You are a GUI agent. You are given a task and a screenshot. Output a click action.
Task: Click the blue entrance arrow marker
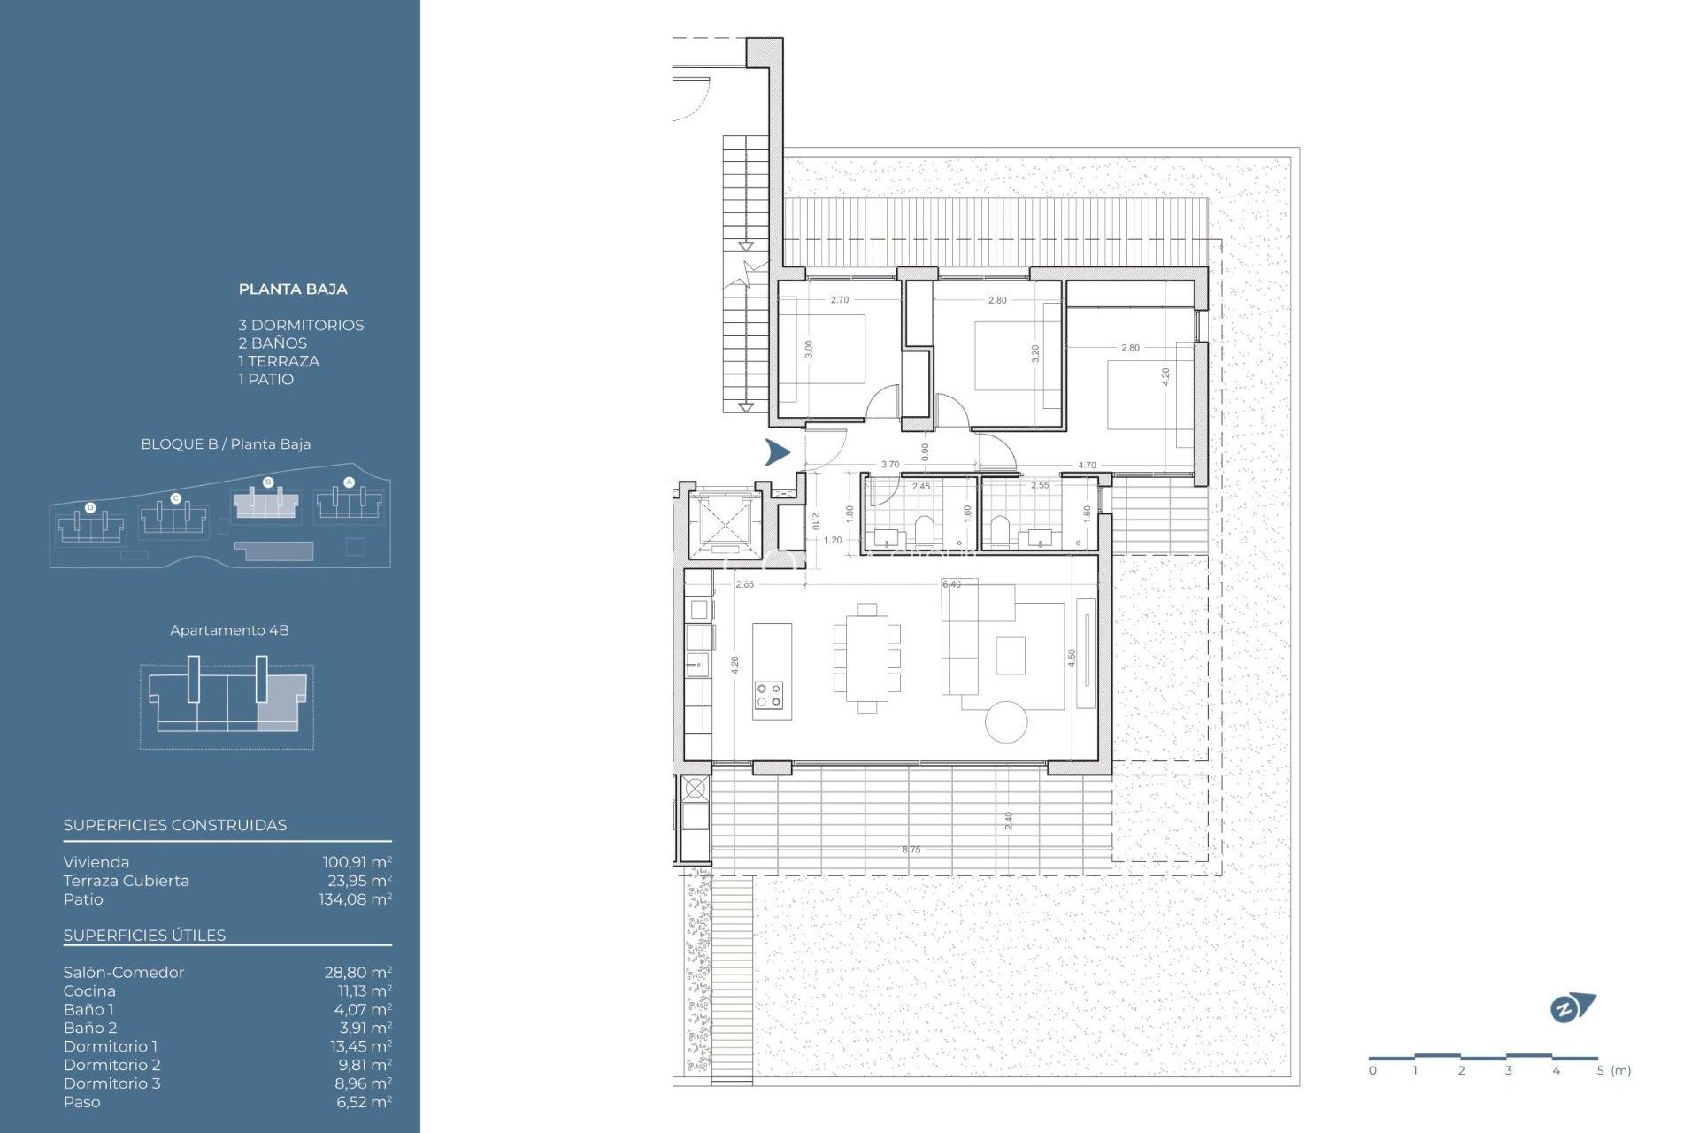click(x=777, y=452)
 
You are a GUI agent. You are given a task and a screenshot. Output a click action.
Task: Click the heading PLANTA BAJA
click(x=293, y=289)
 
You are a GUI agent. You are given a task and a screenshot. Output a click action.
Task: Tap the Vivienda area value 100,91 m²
click(x=357, y=862)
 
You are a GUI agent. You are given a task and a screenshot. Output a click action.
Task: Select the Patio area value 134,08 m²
click(x=355, y=899)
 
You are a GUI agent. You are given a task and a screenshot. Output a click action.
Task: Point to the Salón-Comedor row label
click(x=124, y=973)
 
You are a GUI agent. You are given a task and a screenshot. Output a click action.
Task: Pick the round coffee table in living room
click(x=1006, y=721)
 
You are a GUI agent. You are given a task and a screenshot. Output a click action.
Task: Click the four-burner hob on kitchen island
click(x=768, y=695)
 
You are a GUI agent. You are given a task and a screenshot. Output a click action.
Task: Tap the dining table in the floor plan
click(x=866, y=658)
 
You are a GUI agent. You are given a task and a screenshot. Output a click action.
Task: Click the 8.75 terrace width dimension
click(x=911, y=850)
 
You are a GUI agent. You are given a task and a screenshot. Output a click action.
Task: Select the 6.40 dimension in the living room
click(x=951, y=584)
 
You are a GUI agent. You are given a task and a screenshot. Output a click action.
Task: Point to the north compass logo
click(x=1571, y=1008)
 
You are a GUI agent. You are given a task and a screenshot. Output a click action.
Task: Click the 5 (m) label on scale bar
click(x=1613, y=1071)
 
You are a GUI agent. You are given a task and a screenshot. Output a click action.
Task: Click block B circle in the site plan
click(x=268, y=482)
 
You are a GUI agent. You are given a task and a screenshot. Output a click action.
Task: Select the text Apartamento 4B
click(x=229, y=630)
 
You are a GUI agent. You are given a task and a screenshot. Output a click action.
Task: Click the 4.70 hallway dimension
click(x=1087, y=466)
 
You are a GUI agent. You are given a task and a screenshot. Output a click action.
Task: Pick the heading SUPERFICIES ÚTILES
click(x=144, y=936)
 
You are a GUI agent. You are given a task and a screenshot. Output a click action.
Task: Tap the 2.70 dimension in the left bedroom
click(x=839, y=300)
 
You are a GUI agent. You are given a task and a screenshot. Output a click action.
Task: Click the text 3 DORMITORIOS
click(x=301, y=326)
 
